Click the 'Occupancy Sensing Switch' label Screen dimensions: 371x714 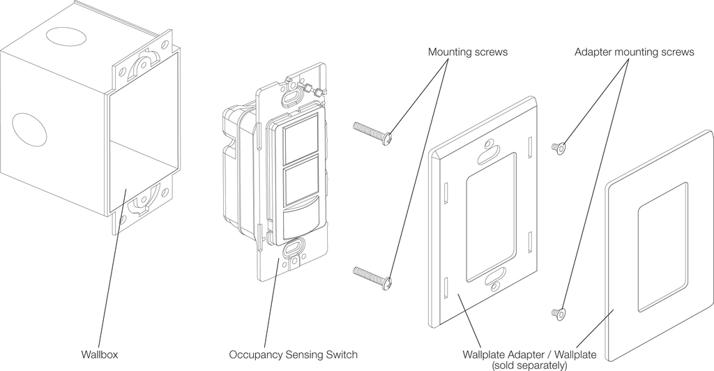(294, 355)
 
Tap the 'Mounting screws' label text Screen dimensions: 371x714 (468, 52)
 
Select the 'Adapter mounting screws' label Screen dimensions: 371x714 (635, 52)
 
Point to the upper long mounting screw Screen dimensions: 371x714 (373, 132)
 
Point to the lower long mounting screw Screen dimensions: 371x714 (373, 276)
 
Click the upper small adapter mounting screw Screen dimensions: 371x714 (559, 147)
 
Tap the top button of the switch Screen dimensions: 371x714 (298, 141)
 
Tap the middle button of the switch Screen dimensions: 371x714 (298, 183)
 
